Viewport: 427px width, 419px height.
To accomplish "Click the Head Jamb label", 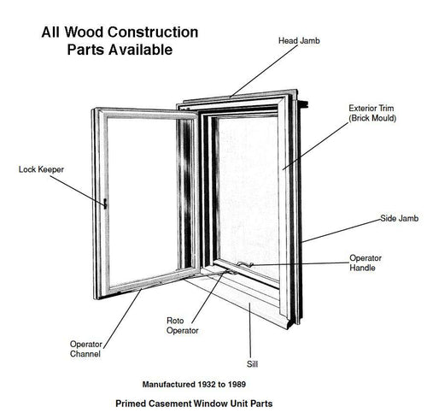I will [301, 40].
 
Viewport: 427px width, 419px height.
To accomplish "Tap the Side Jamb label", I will [399, 219].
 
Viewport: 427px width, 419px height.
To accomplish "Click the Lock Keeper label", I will [41, 169].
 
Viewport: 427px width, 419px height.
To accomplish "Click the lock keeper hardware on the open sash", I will [104, 204].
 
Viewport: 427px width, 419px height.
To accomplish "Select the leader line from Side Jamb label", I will [342, 229].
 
